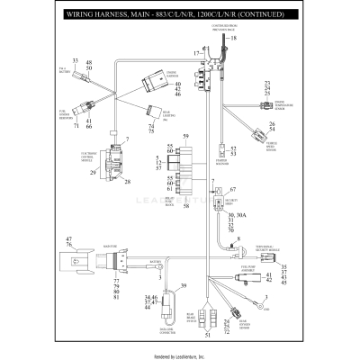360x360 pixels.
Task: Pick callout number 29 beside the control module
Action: coord(93,172)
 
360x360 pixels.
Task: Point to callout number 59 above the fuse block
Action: coord(185,136)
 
